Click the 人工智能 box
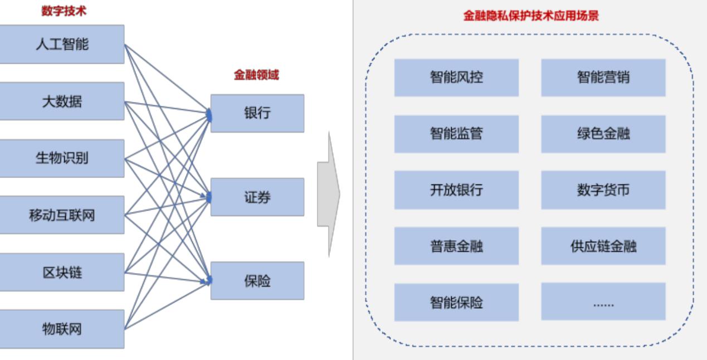62,44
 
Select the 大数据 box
62,101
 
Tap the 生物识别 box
62,158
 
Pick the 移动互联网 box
62,215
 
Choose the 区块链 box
62,273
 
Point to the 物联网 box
62,329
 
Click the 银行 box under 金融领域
257,113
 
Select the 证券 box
257,197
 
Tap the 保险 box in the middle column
257,281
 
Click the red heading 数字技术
64,11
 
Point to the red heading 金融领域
256,76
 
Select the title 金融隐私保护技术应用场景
531,16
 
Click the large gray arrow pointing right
329,194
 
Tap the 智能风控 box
456,77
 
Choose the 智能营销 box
603,77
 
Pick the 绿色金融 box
603,134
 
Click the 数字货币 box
603,190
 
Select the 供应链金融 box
603,246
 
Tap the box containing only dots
603,302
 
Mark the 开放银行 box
456,190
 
